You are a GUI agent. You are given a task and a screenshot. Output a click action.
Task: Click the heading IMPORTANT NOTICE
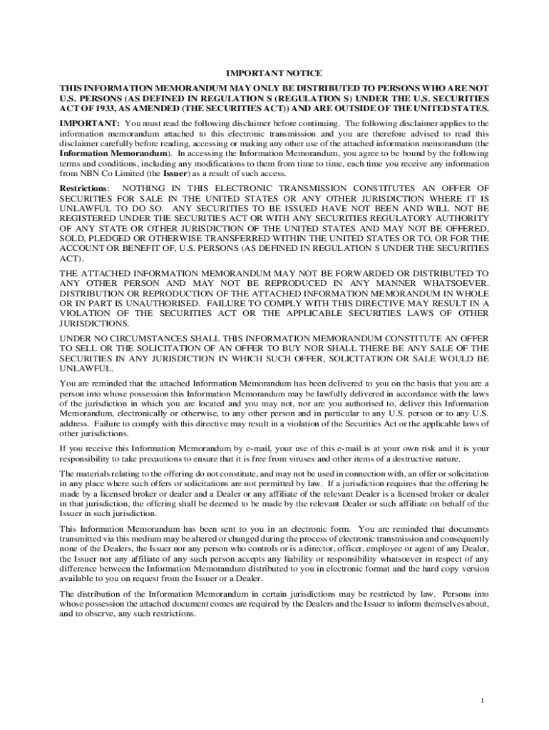click(274, 73)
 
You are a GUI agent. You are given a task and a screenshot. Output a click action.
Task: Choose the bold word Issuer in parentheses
click(175, 173)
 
